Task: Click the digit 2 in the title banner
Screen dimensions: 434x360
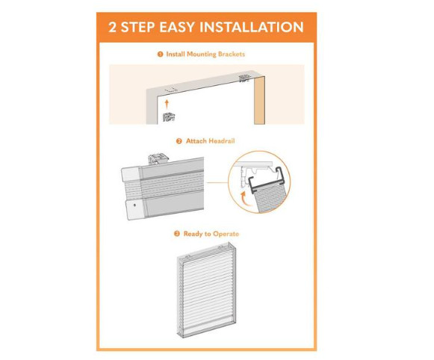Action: (x=112, y=27)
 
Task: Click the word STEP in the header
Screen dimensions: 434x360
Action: (x=137, y=27)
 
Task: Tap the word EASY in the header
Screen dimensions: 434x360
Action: (x=177, y=27)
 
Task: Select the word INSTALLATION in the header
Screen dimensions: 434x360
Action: (x=251, y=27)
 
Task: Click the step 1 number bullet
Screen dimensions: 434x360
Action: (x=160, y=55)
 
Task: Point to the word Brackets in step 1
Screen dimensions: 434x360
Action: (x=232, y=55)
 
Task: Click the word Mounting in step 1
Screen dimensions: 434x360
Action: (x=201, y=55)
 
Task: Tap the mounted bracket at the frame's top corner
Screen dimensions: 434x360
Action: (x=245, y=78)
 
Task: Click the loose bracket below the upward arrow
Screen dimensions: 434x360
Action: (x=169, y=117)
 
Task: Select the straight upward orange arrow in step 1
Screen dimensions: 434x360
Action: (x=167, y=104)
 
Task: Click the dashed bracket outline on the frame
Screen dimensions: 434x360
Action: (x=171, y=90)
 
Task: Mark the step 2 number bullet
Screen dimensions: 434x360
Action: (x=179, y=141)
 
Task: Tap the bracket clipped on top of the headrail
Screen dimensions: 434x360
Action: (x=158, y=159)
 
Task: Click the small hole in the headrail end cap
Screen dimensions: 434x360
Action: (x=134, y=205)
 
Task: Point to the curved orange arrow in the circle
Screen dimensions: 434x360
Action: (x=244, y=198)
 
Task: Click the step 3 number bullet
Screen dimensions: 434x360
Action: (x=176, y=234)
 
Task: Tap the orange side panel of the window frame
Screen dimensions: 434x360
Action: (x=259, y=101)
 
